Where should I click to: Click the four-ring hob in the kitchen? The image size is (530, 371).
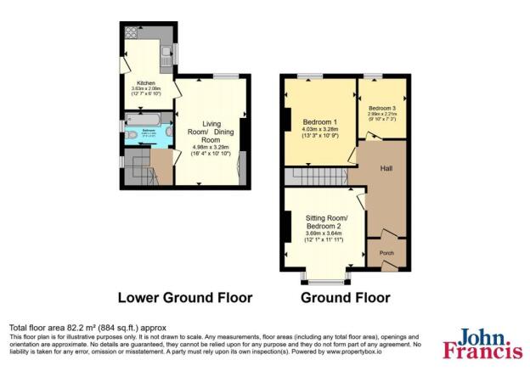[132, 34]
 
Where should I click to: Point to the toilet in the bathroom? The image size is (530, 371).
[132, 134]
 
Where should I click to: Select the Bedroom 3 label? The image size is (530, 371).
[381, 109]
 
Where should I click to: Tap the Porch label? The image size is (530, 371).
[386, 253]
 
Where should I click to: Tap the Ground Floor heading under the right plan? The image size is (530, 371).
[345, 298]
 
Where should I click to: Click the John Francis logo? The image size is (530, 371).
[482, 344]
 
